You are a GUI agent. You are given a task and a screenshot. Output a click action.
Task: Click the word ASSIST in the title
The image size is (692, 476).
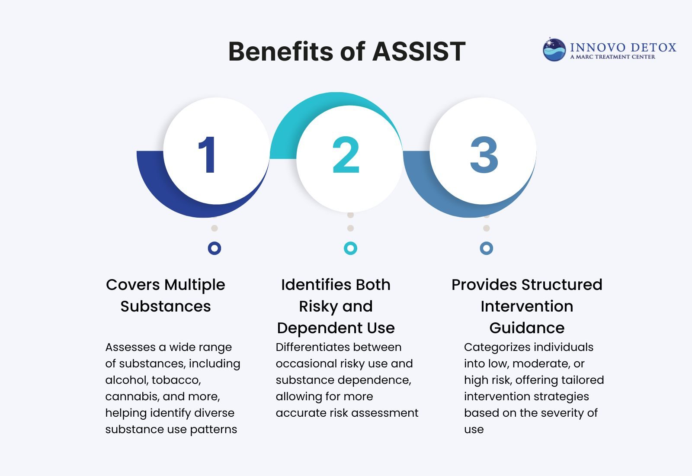419,51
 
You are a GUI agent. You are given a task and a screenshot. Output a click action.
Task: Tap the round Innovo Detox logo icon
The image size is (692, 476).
554,50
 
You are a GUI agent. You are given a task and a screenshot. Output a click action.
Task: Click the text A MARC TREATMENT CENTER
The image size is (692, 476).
612,57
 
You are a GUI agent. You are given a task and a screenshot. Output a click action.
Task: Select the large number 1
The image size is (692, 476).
208,155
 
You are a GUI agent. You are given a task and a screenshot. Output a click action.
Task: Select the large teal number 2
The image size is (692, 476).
346,155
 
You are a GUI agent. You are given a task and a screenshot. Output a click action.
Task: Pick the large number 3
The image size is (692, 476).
484,155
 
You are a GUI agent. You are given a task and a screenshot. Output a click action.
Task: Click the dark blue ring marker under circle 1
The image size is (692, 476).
215,248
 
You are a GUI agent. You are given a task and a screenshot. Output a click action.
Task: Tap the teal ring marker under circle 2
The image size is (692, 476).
350,248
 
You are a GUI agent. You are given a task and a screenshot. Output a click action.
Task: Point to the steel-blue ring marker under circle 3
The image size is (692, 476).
487,248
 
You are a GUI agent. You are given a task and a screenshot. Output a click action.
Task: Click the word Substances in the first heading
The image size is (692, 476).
166,306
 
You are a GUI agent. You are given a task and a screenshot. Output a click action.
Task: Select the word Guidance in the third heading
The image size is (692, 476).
527,328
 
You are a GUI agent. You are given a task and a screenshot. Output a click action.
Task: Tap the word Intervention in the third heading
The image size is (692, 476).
527,306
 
